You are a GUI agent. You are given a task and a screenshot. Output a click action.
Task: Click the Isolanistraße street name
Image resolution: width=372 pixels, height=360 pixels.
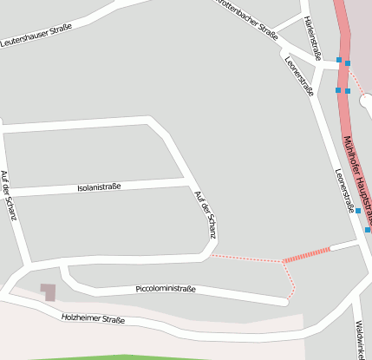click(99, 187)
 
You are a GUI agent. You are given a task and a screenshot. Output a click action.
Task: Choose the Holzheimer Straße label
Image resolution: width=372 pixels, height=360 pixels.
click(93, 319)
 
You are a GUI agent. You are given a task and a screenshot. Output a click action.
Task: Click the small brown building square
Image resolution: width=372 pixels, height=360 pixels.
click(48, 291)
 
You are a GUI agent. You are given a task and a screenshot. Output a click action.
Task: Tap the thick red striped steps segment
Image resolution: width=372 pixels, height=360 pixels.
click(307, 254)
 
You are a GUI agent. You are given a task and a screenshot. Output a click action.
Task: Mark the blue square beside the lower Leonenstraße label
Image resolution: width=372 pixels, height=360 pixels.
click(357, 211)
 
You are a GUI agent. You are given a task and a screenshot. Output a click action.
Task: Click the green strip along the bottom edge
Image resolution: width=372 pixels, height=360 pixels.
click(173, 357)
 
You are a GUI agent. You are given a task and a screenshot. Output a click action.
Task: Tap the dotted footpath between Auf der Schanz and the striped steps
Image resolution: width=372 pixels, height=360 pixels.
click(247, 258)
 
